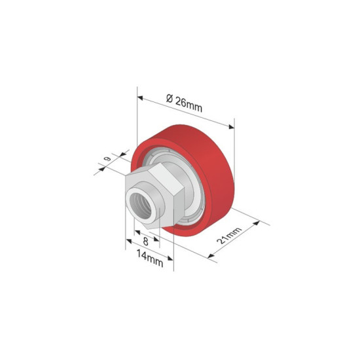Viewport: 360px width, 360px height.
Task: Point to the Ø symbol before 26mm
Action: pos(170,98)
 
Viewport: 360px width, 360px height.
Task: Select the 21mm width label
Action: pos(229,237)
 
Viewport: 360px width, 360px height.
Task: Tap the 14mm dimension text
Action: pos(150,260)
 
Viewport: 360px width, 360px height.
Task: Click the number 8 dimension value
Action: pos(145,241)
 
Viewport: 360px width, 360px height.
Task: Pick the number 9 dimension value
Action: pos(107,158)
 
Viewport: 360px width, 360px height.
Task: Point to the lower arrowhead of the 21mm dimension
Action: pos(212,255)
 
